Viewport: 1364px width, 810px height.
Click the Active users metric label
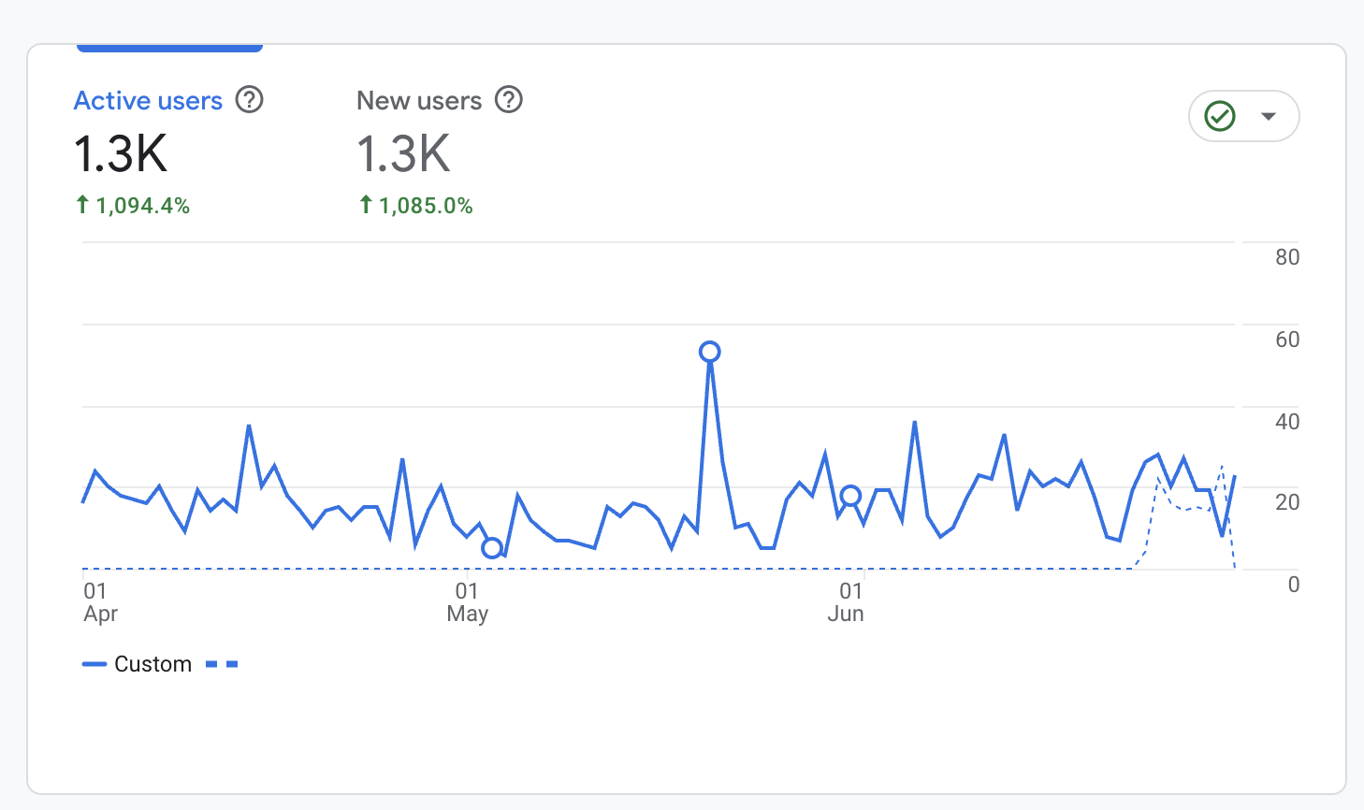(x=148, y=100)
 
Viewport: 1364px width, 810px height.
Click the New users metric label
(x=419, y=100)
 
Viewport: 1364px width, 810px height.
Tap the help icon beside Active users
(x=249, y=99)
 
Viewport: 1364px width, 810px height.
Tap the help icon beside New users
(x=508, y=99)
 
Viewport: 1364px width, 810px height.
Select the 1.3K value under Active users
(x=121, y=154)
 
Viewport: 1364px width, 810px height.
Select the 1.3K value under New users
(x=403, y=154)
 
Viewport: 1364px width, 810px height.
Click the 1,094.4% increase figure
(x=142, y=206)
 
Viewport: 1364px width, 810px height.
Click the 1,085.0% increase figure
(x=425, y=206)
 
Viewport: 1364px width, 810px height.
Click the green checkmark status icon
(x=1220, y=116)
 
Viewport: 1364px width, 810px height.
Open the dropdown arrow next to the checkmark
(x=1269, y=116)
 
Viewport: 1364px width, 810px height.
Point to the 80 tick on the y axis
(x=1287, y=257)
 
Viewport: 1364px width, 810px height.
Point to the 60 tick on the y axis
(x=1287, y=340)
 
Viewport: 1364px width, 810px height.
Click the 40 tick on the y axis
(x=1287, y=422)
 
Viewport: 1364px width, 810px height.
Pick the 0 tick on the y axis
(x=1293, y=585)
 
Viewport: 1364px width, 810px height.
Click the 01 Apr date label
(x=99, y=602)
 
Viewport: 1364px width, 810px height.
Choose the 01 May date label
(x=467, y=602)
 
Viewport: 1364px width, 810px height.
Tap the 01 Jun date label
(x=847, y=602)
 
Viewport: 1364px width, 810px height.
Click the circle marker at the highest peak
(x=710, y=352)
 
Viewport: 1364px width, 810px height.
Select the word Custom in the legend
(x=152, y=664)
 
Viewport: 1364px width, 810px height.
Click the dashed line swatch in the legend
(x=222, y=664)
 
